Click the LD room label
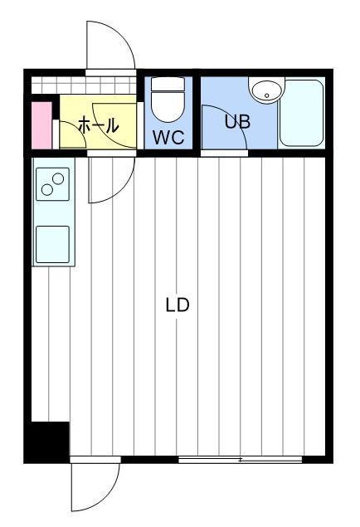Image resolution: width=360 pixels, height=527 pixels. (x=178, y=305)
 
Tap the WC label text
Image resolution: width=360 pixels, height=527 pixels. (x=168, y=137)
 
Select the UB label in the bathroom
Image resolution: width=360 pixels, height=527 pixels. (x=237, y=122)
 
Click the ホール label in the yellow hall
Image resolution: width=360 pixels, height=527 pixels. (x=99, y=125)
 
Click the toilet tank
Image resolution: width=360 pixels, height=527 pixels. (x=168, y=84)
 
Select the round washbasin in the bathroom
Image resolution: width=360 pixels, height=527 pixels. (x=266, y=90)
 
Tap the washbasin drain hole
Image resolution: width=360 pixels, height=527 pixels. (x=266, y=95)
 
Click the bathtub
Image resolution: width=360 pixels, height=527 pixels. (x=302, y=113)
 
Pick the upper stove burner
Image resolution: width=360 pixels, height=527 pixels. (x=58, y=178)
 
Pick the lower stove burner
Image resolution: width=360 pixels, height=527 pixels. (x=47, y=190)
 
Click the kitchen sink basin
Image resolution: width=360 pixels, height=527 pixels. (x=53, y=244)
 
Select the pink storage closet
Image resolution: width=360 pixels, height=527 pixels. (x=41, y=125)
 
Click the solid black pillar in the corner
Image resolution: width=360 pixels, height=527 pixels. (x=46, y=442)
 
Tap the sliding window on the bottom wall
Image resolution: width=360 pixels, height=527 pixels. (x=240, y=460)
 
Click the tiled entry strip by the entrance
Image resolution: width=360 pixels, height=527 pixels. (x=84, y=85)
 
